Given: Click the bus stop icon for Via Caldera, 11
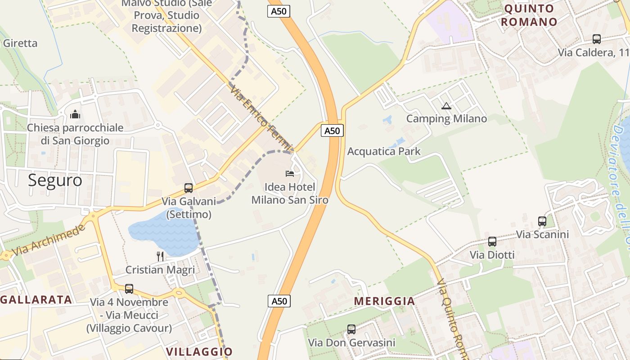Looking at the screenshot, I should click(x=596, y=39).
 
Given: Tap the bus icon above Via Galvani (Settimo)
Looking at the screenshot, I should click(x=189, y=188).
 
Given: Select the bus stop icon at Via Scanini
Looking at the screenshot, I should click(x=542, y=221).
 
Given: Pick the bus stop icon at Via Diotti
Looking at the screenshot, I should click(x=492, y=242).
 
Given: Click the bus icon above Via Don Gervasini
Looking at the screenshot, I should click(x=351, y=329).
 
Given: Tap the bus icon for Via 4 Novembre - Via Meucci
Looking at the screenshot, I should click(x=129, y=289).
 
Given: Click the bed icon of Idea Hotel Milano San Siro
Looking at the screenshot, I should click(x=290, y=173).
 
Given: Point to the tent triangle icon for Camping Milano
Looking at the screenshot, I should click(x=446, y=106).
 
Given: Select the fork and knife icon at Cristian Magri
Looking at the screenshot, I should click(x=160, y=256).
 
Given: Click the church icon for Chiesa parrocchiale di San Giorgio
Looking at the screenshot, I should click(x=75, y=115).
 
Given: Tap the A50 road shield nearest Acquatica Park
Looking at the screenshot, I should click(x=332, y=130).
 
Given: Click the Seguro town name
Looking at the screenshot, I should click(x=55, y=180).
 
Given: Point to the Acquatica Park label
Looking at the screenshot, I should click(x=384, y=151).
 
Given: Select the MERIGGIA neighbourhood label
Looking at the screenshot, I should click(x=384, y=301).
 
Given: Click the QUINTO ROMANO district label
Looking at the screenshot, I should click(x=529, y=15).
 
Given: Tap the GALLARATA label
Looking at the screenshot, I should click(x=36, y=300).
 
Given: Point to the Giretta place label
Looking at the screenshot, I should click(x=20, y=43).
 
